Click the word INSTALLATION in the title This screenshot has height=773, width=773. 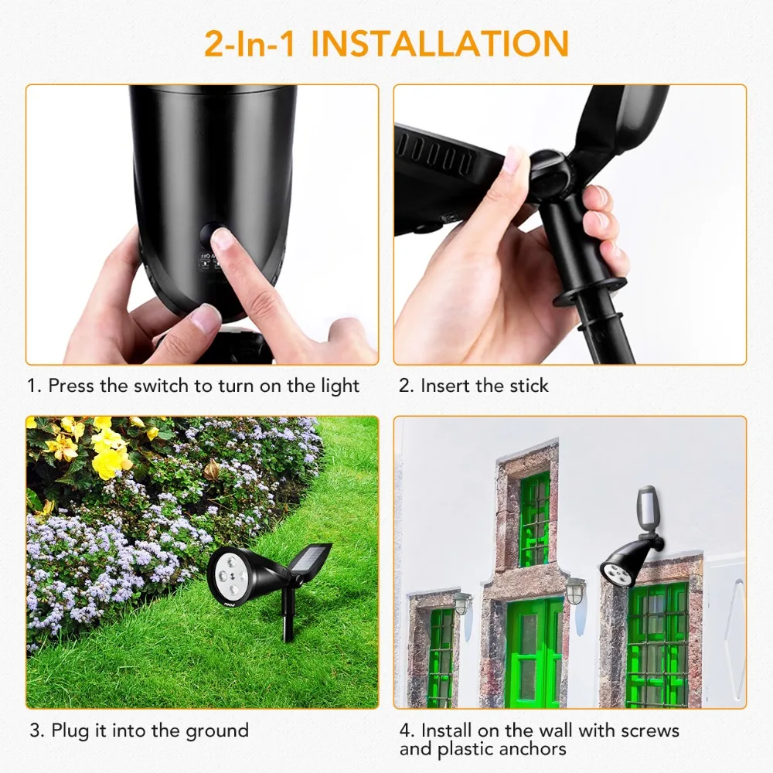[441, 43]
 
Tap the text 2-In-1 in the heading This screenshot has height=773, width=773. [250, 43]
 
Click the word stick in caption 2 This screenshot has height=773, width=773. [529, 386]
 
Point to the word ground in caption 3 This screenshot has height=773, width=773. [217, 731]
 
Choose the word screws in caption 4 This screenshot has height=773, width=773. [650, 730]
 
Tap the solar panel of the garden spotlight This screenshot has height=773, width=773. [311, 561]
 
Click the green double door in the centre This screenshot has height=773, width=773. [534, 653]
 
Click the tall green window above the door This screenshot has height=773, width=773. [534, 519]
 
